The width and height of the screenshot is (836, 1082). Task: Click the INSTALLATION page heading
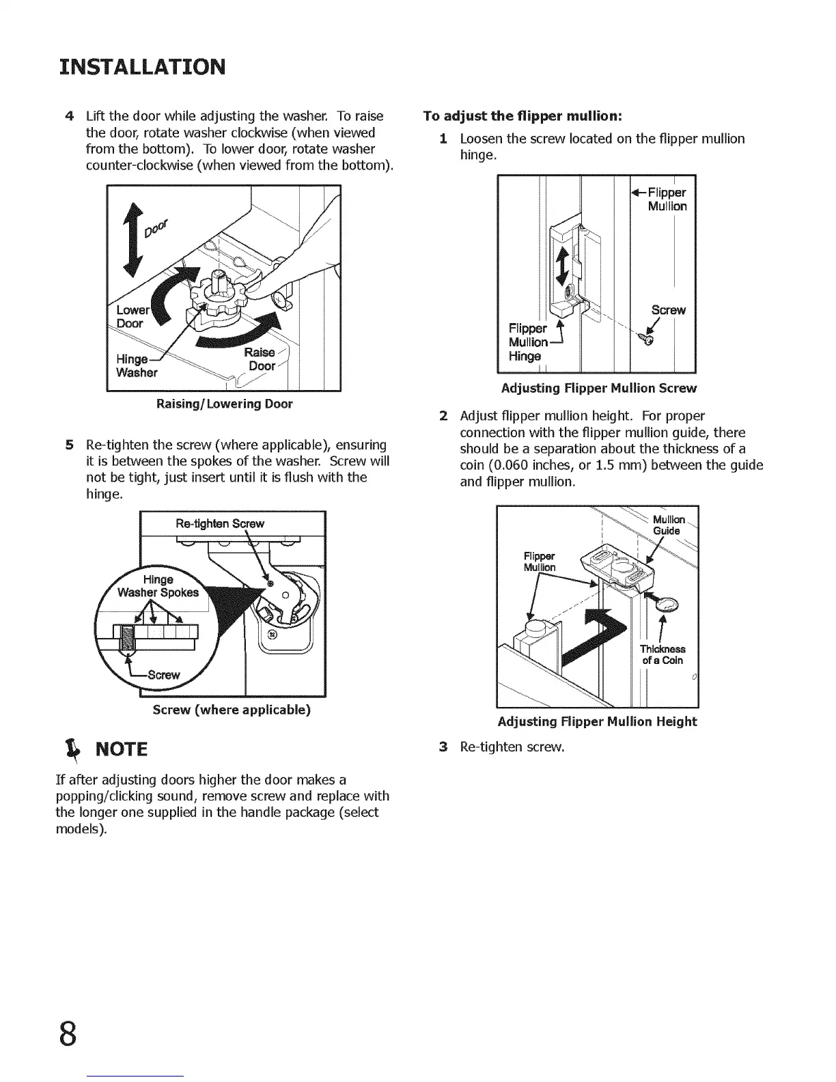141,67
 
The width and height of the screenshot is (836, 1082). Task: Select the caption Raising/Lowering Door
224,404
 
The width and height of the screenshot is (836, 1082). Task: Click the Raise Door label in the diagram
260,359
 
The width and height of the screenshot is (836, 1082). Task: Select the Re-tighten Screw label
220,524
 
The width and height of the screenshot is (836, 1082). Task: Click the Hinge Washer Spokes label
158,586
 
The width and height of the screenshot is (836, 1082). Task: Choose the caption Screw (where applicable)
232,710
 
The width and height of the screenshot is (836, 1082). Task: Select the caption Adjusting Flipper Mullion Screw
598,389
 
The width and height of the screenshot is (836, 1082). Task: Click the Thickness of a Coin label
663,654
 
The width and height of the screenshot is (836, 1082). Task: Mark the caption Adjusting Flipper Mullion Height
597,722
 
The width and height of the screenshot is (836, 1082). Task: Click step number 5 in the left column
69,444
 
